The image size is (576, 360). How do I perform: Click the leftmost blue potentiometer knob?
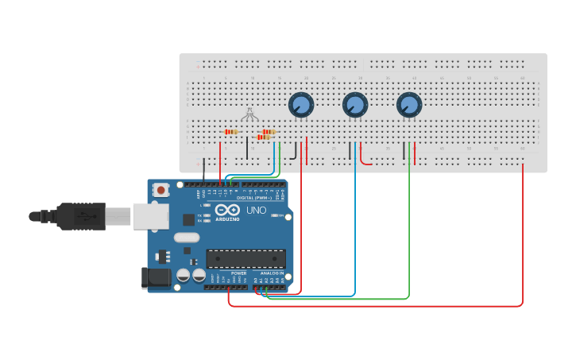[x=300, y=104]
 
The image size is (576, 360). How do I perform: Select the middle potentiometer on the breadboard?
[x=355, y=104]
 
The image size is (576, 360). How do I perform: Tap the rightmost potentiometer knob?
[x=408, y=104]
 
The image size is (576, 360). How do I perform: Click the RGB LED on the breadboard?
[x=249, y=114]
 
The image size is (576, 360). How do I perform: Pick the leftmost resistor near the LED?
[x=231, y=132]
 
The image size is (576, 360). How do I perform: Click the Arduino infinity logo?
[x=226, y=211]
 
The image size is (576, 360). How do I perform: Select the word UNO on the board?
[x=256, y=211]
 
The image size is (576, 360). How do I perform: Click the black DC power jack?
[x=156, y=277]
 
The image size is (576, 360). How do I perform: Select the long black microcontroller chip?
[x=245, y=258]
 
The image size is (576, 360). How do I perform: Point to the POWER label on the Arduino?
[x=239, y=273]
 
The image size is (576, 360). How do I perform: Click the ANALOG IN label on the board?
[x=271, y=273]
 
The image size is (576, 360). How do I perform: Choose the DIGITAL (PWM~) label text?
[x=254, y=198]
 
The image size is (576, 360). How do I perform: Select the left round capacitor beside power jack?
[x=184, y=276]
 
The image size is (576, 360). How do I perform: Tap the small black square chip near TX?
[x=188, y=219]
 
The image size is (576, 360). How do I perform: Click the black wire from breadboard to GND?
[x=204, y=170]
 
